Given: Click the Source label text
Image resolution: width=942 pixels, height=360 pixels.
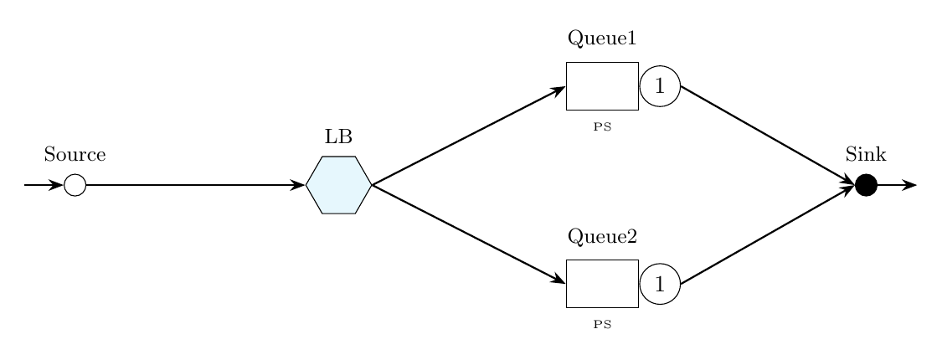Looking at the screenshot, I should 75,155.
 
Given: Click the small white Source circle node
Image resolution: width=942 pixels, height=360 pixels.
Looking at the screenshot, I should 75,185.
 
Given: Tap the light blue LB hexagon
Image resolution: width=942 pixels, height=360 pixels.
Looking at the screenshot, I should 338,185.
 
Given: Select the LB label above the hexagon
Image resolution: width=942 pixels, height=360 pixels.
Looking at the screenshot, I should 338,136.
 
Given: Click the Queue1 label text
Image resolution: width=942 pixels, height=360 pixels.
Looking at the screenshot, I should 602,39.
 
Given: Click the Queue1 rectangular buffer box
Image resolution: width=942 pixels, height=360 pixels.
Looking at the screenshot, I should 602,85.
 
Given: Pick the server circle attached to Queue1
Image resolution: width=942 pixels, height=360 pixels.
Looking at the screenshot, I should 660,85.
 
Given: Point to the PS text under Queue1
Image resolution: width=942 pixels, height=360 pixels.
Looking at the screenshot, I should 602,128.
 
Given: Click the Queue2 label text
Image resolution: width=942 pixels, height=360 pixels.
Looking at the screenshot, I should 602,237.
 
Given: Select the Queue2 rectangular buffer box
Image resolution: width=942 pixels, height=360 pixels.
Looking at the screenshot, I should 602,284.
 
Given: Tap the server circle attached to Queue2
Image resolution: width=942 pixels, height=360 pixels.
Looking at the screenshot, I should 660,284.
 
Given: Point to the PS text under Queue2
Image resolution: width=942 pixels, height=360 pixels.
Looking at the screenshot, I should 602,325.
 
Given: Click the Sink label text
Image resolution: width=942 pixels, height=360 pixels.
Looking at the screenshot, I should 866,155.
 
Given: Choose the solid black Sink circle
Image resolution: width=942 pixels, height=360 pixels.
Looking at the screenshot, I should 866,185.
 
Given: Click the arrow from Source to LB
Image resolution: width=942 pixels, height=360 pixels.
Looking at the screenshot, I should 193,185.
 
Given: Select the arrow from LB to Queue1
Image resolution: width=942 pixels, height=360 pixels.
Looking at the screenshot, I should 469,136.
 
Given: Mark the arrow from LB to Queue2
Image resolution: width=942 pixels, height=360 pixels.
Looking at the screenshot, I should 469,234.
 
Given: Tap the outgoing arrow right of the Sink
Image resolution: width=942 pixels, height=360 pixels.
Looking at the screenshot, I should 898,185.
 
